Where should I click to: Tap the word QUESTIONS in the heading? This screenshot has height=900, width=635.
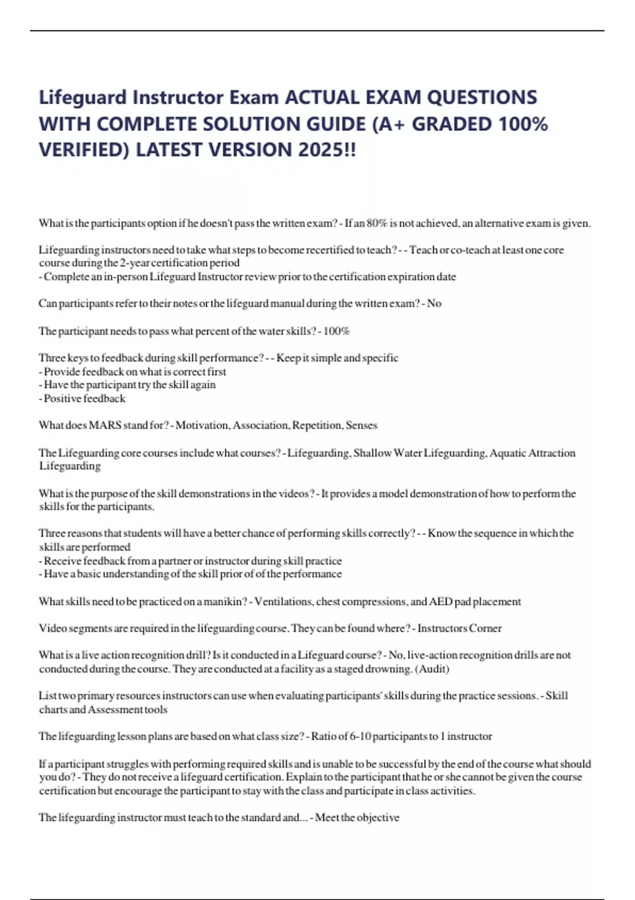[482, 97]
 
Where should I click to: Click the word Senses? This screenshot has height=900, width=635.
[361, 425]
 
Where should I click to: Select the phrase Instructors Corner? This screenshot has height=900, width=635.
[459, 628]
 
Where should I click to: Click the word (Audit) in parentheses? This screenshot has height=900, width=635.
[432, 669]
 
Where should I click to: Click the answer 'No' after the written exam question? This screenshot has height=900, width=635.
[434, 303]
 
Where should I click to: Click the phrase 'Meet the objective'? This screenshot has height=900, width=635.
[357, 817]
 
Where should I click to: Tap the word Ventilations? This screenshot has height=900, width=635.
[281, 601]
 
